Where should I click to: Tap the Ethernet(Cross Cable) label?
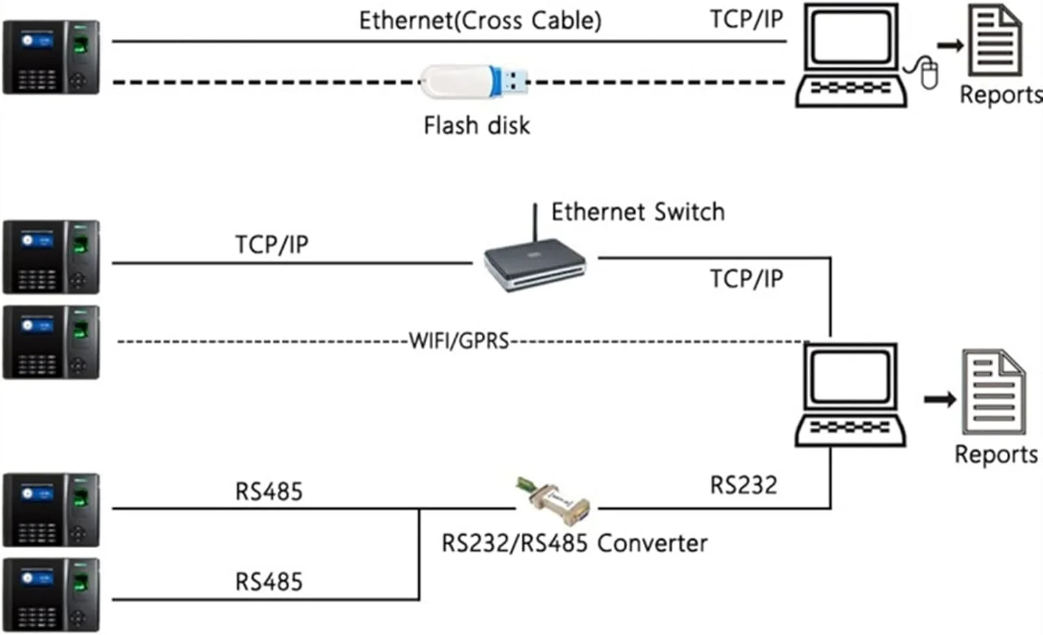point(480,20)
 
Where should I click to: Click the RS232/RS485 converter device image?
point(553,498)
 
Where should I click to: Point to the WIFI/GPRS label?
point(459,341)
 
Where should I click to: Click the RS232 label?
point(743,485)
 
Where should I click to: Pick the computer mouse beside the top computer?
point(928,73)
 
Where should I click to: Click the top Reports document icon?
point(996,42)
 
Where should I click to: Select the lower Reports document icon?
point(993,394)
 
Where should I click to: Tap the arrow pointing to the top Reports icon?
point(950,46)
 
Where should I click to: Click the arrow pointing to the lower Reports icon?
point(939,399)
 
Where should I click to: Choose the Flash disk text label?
point(476,126)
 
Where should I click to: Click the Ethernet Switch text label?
point(638,211)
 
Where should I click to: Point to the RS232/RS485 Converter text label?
point(574,543)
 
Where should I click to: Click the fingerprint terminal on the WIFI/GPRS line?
point(51,342)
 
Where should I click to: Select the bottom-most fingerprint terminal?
point(51,595)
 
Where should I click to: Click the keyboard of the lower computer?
point(850,428)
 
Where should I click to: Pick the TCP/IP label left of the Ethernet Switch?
point(271,245)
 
